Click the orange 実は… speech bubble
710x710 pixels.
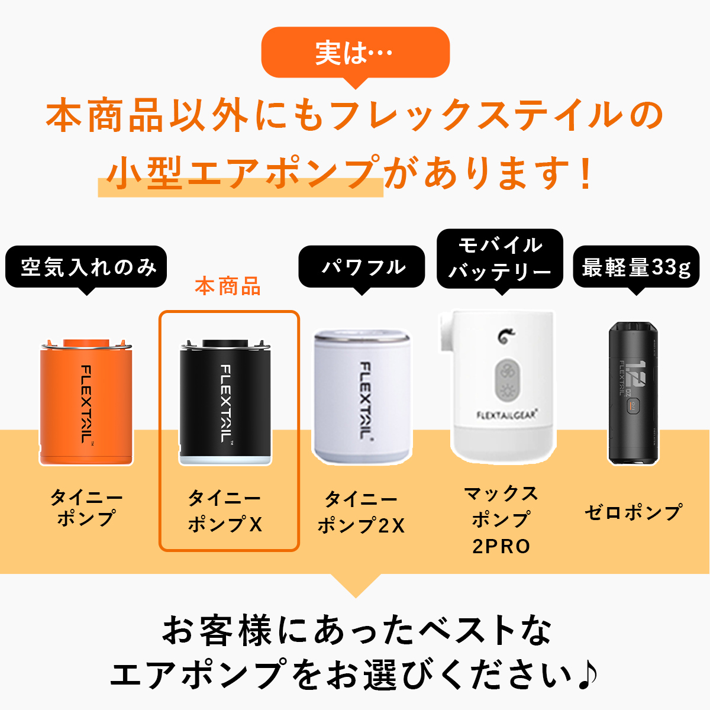[x=355, y=53]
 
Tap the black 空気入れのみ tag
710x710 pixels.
[x=86, y=267]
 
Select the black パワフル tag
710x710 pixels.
[x=362, y=267]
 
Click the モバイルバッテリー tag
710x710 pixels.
[x=500, y=259]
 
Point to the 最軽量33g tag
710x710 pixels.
[x=636, y=267]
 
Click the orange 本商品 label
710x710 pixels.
[x=228, y=286]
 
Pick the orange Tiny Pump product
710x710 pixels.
[x=86, y=402]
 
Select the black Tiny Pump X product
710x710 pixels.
[x=225, y=402]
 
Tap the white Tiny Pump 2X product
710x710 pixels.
[x=362, y=397]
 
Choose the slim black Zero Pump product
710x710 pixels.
[x=633, y=393]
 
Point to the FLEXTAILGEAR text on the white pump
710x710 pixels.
[x=507, y=415]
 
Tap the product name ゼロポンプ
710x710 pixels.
[x=634, y=513]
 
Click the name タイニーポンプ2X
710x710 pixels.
[x=362, y=512]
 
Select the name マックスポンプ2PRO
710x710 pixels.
[x=501, y=520]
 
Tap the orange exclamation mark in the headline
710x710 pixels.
[x=586, y=173]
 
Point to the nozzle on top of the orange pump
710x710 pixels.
[x=86, y=343]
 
